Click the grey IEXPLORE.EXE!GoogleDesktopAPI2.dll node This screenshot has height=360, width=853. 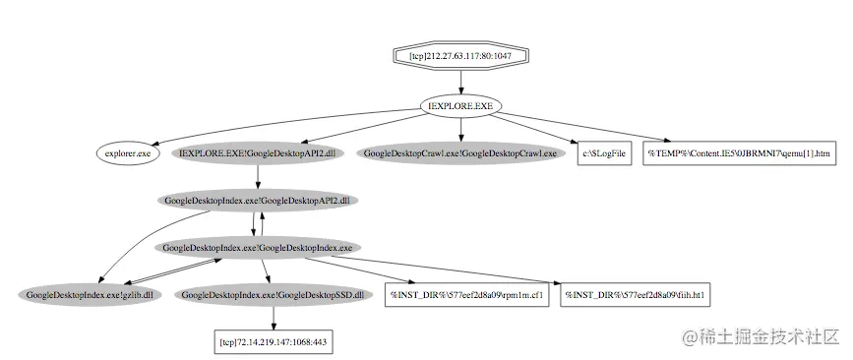[258, 153]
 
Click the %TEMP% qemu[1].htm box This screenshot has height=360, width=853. [740, 153]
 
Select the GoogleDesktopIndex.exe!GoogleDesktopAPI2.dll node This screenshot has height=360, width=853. [258, 201]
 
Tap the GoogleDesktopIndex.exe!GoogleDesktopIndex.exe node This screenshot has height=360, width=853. [258, 248]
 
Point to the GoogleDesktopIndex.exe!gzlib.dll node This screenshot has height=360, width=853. [90, 295]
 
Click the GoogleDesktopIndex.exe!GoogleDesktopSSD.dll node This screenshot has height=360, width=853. [273, 295]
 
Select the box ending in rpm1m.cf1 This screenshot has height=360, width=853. [465, 295]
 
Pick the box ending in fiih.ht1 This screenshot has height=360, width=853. [639, 295]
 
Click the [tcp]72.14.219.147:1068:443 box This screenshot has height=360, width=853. [273, 342]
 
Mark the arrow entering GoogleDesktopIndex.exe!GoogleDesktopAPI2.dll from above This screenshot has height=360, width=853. [258, 177]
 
